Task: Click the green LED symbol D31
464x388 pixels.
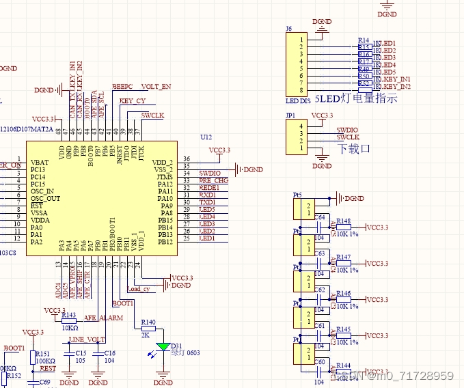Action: click(163, 346)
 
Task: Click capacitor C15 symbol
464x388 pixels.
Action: click(69, 353)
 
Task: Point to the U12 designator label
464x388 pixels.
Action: click(206, 137)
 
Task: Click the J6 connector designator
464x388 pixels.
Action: click(288, 29)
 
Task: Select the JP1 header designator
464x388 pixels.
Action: click(290, 116)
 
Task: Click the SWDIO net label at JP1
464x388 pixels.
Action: click(346, 130)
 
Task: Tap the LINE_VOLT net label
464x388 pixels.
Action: click(87, 339)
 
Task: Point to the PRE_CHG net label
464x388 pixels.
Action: click(213, 180)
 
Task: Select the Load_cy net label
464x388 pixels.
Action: click(138, 289)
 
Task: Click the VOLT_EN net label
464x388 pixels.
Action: click(156, 87)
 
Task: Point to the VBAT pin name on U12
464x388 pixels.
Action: click(40, 162)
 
